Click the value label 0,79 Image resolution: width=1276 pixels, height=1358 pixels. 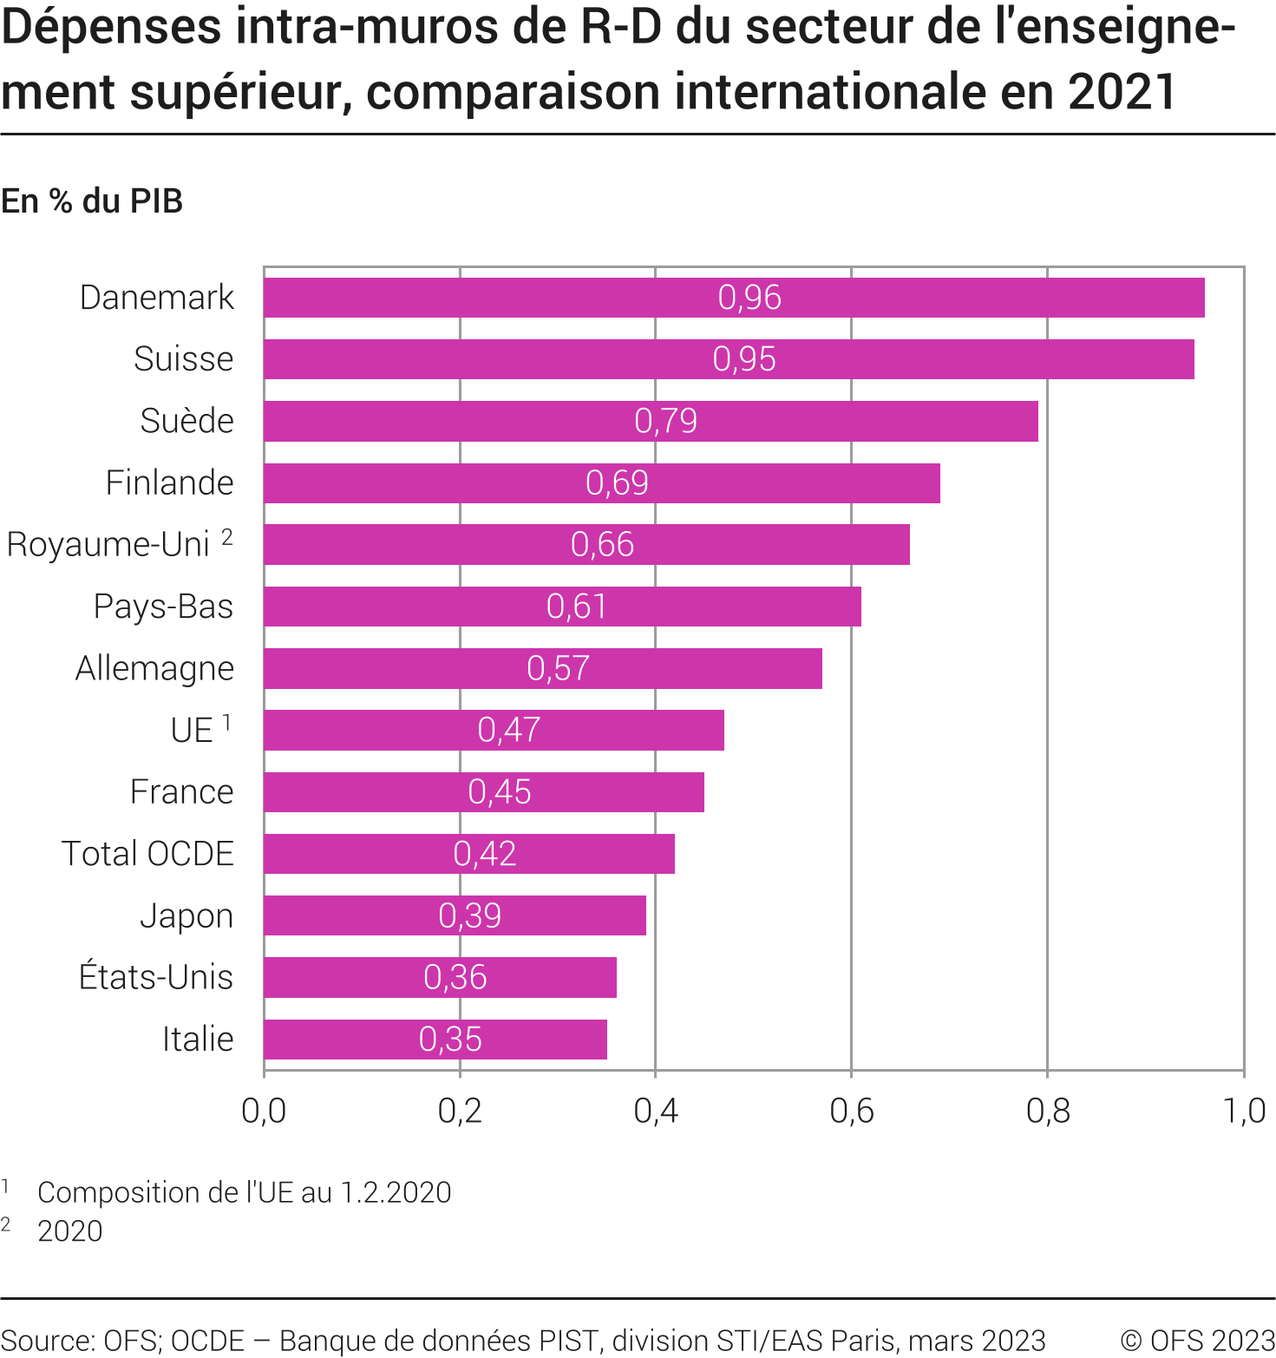click(x=665, y=421)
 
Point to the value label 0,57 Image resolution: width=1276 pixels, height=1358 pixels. click(x=558, y=668)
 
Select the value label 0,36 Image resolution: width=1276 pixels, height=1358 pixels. click(x=455, y=978)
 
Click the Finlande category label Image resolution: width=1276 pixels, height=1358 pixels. click(x=169, y=482)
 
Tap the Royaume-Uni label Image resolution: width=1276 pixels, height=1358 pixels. click(x=108, y=545)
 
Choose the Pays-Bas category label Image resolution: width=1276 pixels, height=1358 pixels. click(x=163, y=607)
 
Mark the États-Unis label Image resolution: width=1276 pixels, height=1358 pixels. click(x=156, y=978)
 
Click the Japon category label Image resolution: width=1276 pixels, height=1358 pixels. click(x=186, y=916)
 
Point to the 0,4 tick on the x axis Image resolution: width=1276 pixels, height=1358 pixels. click(x=656, y=1111)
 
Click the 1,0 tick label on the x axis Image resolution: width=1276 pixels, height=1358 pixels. click(x=1244, y=1111)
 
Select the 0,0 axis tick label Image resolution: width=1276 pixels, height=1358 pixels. click(x=264, y=1111)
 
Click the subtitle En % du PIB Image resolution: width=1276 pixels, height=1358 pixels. click(x=92, y=201)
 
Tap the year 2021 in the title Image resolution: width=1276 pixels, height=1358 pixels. click(x=1122, y=93)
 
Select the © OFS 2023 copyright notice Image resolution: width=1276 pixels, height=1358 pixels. click(x=1197, y=1341)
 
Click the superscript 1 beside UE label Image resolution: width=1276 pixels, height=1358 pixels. click(x=227, y=722)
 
